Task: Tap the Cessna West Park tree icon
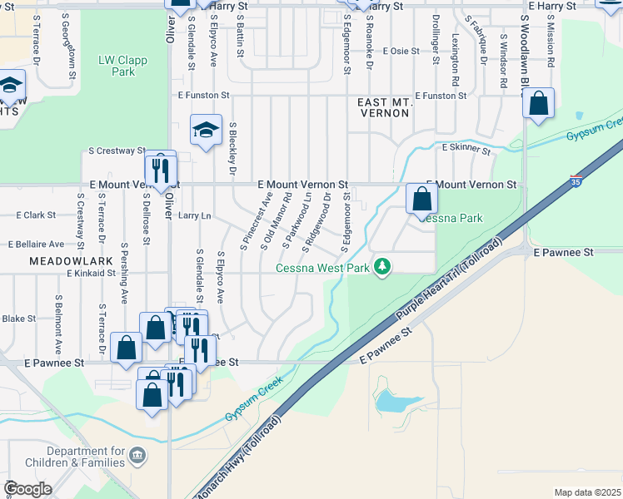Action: (x=383, y=266)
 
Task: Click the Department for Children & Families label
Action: (x=86, y=457)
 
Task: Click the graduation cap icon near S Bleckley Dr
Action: (x=206, y=130)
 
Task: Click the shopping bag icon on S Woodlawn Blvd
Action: (x=539, y=104)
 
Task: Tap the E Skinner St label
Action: (x=466, y=147)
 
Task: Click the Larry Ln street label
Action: (x=194, y=216)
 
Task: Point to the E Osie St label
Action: (x=401, y=52)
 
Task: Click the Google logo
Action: (x=27, y=489)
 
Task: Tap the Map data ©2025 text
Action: (x=587, y=492)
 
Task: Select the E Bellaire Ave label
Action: (x=36, y=245)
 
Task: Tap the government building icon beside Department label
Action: (x=138, y=456)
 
